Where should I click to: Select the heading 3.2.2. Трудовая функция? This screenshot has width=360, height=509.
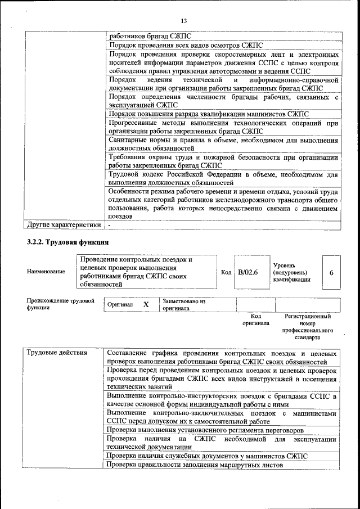[67, 242]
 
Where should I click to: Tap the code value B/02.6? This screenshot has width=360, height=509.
[247, 272]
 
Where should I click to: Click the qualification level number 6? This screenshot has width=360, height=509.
[331, 272]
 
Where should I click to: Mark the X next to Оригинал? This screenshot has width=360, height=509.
[146, 304]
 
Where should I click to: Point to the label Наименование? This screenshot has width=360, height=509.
[46, 272]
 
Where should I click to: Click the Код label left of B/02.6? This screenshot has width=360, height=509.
[226, 272]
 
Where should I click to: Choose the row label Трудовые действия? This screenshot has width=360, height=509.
[57, 353]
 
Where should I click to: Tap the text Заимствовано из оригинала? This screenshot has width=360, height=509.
[184, 305]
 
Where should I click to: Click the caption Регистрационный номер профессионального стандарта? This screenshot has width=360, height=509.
[306, 327]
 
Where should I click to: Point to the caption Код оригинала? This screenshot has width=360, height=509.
[255, 320]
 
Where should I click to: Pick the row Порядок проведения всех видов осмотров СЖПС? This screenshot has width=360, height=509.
[186, 44]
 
